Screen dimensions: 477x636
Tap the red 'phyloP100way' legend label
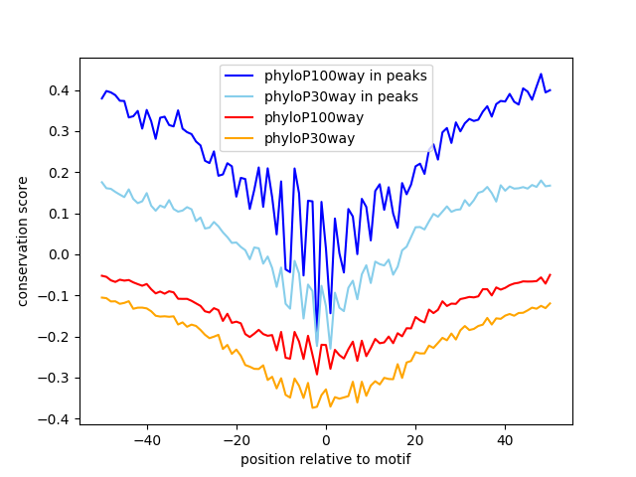coord(314,117)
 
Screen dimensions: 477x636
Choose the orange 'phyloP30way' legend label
coord(310,138)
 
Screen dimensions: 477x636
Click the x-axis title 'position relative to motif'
coord(326,459)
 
